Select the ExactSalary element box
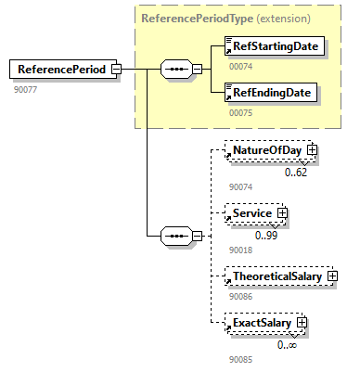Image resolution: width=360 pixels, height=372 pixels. point(261,323)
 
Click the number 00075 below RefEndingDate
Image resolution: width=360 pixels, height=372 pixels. point(240,113)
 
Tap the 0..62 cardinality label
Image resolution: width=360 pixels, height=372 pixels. point(296,171)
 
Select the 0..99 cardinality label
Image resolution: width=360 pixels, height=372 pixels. point(266,234)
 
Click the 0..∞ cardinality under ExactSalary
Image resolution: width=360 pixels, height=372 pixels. point(287,344)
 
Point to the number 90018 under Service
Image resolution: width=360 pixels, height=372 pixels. point(240,250)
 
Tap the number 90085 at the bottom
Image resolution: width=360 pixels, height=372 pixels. point(240,359)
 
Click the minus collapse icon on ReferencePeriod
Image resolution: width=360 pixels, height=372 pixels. point(116,69)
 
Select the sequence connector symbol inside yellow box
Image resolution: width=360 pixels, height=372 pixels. point(175,69)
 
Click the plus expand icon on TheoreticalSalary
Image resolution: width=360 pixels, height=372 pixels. point(331,276)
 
